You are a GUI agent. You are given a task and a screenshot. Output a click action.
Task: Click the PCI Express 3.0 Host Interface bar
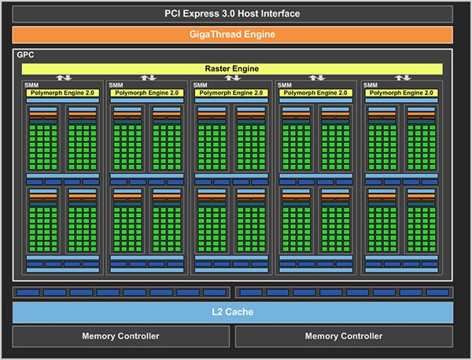pyautogui.click(x=232, y=14)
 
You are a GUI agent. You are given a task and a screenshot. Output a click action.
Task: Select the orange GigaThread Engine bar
pyautogui.click(x=232, y=35)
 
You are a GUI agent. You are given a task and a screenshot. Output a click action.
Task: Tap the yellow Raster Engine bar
pyautogui.click(x=232, y=68)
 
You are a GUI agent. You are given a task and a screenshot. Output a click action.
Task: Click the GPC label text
pyautogui.click(x=25, y=55)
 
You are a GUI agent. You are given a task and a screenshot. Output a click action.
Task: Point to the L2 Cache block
pyautogui.click(x=233, y=312)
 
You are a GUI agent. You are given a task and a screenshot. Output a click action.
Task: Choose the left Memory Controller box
pyautogui.click(x=120, y=336)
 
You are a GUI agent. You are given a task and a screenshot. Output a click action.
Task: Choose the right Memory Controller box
pyautogui.click(x=344, y=336)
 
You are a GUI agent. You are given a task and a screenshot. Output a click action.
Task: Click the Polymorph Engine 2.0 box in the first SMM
pyautogui.click(x=63, y=93)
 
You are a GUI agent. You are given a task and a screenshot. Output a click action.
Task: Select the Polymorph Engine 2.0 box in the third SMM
pyautogui.click(x=231, y=93)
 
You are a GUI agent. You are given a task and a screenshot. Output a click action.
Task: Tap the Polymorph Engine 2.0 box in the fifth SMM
pyautogui.click(x=401, y=93)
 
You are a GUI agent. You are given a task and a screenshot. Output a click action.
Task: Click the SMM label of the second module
pyautogui.click(x=116, y=85)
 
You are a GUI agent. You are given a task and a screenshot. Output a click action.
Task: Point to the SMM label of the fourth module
pyautogui.click(x=285, y=85)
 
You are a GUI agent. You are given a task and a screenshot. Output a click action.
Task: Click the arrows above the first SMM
pyautogui.click(x=64, y=78)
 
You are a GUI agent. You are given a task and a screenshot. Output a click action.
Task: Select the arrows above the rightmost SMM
pyautogui.click(x=403, y=78)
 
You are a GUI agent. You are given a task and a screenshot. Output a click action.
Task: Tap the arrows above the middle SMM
pyautogui.click(x=232, y=78)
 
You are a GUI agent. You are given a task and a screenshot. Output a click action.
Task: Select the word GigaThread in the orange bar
pyautogui.click(x=216, y=35)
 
